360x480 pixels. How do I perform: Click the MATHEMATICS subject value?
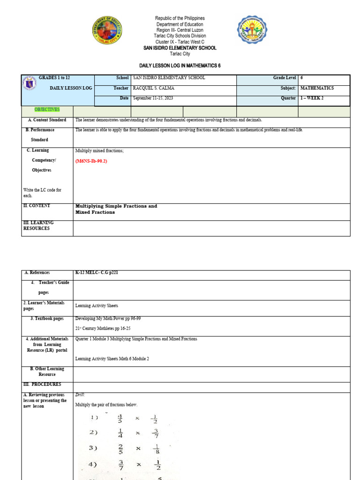pos(317,88)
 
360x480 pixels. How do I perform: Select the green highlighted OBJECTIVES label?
pos(47,110)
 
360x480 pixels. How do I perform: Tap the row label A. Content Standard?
pos(46,120)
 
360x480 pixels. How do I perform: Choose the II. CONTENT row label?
pos(37,206)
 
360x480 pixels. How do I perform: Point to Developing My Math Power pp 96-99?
pos(108,318)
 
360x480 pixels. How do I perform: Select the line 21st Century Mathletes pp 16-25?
pos(103,329)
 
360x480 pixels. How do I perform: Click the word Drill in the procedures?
pos(80,395)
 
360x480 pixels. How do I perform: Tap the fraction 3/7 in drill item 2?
pos(155,433)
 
